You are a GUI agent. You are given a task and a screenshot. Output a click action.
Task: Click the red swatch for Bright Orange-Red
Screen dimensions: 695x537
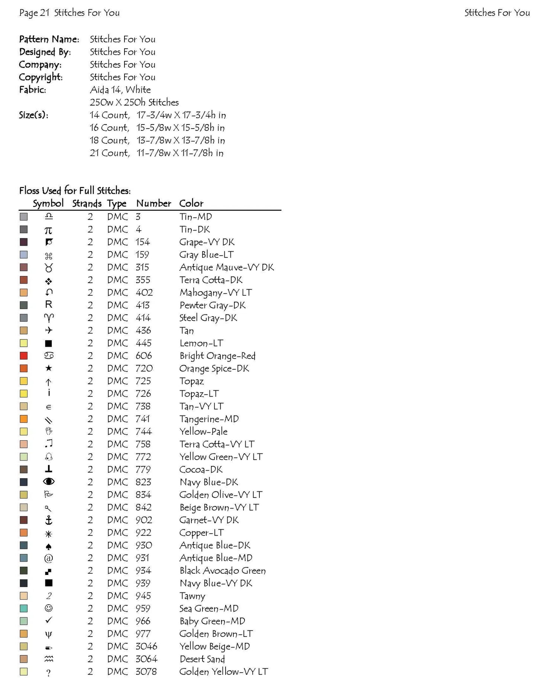(24, 356)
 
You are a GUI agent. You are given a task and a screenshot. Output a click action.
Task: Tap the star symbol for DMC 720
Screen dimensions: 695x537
(49, 368)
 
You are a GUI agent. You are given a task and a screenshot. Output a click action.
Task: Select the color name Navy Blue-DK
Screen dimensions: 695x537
(208, 482)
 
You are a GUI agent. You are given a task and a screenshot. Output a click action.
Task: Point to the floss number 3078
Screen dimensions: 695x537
(146, 672)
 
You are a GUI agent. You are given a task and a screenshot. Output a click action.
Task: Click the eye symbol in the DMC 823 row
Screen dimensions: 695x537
(49, 482)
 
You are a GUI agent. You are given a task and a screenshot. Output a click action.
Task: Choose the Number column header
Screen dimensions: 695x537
(153, 203)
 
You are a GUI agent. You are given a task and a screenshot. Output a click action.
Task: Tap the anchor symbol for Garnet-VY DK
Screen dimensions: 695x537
(49, 520)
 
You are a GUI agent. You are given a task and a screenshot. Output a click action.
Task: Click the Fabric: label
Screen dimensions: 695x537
(33, 90)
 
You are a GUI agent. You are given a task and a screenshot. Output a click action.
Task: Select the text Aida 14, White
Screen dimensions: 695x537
(120, 90)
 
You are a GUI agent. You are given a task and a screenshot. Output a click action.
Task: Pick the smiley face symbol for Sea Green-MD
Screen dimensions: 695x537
(49, 608)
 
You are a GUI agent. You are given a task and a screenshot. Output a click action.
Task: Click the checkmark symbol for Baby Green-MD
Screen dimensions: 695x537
(49, 620)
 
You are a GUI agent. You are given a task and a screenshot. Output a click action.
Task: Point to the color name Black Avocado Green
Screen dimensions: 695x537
(222, 570)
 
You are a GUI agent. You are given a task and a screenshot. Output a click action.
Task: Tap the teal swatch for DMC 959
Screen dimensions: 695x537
(24, 608)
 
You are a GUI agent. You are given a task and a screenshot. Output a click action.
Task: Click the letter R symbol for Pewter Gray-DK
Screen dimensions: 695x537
(49, 305)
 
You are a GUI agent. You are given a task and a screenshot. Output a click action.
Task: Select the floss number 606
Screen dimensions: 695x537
(143, 356)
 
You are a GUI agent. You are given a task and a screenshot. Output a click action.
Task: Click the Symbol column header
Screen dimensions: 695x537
(48, 203)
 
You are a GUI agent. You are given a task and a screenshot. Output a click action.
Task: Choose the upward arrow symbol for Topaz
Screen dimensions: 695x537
(49, 381)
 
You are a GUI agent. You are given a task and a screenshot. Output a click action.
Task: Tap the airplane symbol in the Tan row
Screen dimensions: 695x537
(49, 330)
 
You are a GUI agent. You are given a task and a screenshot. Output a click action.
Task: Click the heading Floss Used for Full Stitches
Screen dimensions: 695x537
(75, 191)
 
